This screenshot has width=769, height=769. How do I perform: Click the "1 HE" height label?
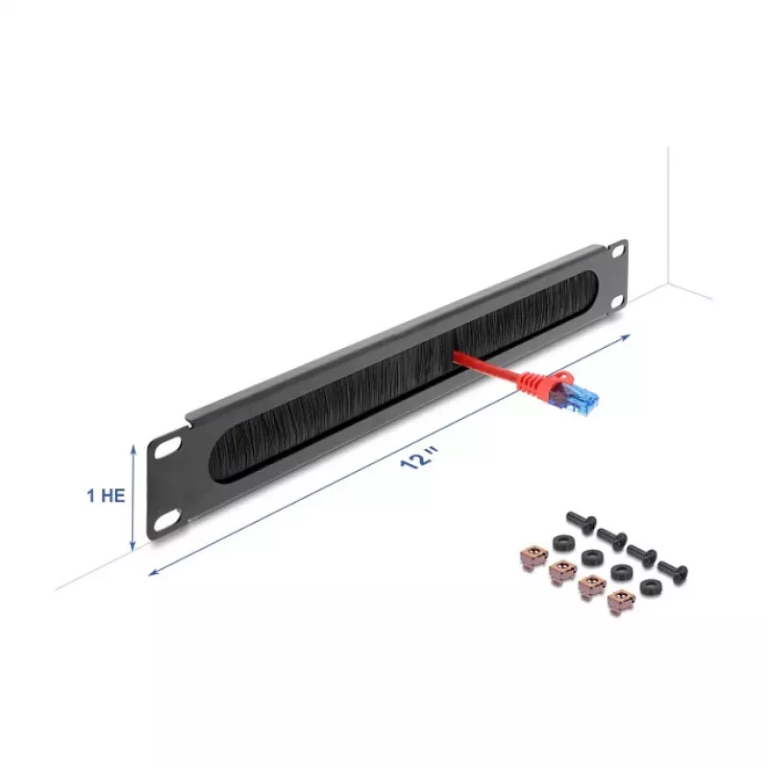point(106,495)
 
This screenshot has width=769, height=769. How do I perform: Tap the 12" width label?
point(418,458)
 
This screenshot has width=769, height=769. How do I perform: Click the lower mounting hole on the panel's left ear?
point(167,520)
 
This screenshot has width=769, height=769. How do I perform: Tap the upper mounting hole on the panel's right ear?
point(617,252)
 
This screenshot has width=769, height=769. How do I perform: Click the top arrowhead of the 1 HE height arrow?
point(133,447)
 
